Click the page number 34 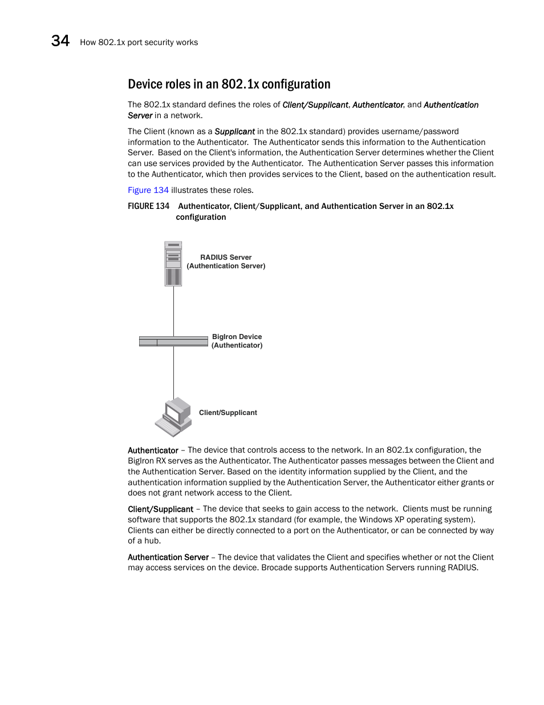point(60,41)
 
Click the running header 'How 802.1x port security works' point(139,42)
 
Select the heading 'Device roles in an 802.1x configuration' point(229,84)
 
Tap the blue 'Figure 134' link point(148,190)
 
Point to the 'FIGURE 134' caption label point(148,206)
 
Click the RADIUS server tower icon point(173,263)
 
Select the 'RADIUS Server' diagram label point(226,257)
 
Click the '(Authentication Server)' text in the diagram point(226,266)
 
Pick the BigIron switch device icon point(173,341)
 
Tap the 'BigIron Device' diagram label point(237,337)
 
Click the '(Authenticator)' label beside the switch point(237,345)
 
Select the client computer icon point(173,417)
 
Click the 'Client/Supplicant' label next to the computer point(228,413)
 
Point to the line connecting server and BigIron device point(173,311)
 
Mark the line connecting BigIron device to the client point(173,371)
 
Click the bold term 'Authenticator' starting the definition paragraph point(153,450)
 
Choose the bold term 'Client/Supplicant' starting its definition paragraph point(160,509)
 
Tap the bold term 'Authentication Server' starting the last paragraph point(168,557)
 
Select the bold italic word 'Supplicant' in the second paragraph point(234,131)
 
